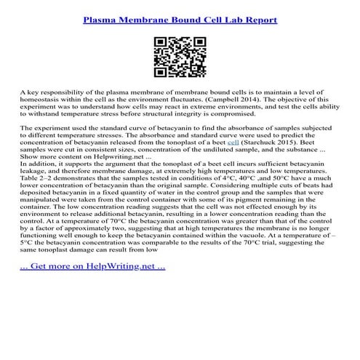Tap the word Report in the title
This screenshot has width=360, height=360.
point(258,19)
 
